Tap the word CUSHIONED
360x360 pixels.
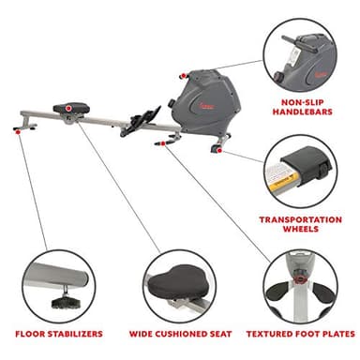182,333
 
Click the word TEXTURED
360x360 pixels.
272,333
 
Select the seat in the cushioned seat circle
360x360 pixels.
180,277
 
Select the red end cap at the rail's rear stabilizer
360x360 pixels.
20,132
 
